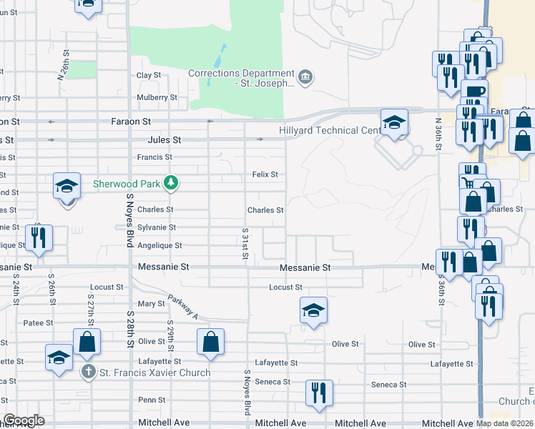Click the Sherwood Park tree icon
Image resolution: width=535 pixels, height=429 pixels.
(170, 184)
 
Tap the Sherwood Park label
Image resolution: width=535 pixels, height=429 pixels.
(127, 184)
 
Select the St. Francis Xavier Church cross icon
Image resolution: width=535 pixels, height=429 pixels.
(87, 372)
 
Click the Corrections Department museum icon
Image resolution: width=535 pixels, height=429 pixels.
(305, 77)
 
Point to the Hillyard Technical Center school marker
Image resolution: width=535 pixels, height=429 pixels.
(393, 123)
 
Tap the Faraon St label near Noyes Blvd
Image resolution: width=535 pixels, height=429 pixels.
(131, 122)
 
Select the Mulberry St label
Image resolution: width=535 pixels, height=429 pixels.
(157, 97)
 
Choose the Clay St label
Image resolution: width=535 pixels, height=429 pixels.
(149, 75)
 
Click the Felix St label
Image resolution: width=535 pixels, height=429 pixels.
(265, 174)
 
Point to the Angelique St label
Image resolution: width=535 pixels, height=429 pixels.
(159, 245)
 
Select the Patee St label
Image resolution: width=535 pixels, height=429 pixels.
(38, 323)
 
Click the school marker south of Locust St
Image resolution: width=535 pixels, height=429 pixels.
(313, 311)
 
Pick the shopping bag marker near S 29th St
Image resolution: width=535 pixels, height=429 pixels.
(211, 342)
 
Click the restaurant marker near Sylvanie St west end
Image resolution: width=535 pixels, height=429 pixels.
(37, 238)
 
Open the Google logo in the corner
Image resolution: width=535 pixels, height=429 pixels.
(24, 420)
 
